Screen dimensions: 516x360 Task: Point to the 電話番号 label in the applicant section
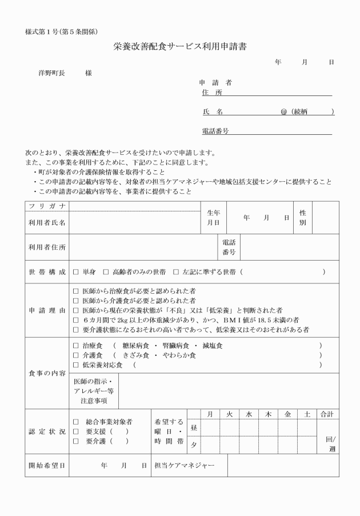(215, 131)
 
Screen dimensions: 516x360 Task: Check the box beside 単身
(76, 271)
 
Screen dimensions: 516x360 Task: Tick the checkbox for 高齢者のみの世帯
(106, 271)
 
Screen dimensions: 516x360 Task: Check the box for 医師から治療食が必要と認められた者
(76, 291)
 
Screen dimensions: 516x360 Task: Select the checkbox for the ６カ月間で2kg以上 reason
(76, 320)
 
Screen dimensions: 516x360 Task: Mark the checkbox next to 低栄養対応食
(76, 365)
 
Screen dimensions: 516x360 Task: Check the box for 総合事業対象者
(76, 422)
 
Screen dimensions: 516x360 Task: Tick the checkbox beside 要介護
(76, 441)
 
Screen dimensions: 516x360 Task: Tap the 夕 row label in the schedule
(194, 444)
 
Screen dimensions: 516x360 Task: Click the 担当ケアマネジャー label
(184, 466)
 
